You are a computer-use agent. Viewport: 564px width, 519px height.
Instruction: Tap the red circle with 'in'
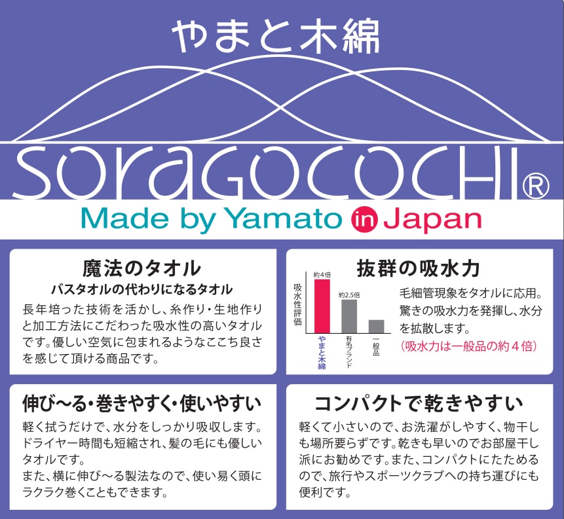364,219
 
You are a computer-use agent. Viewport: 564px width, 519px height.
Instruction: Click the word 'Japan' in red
432,220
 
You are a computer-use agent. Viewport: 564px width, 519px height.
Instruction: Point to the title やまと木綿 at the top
276,36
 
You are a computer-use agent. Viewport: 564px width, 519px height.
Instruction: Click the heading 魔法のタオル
141,268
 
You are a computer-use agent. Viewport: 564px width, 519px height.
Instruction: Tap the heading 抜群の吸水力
418,268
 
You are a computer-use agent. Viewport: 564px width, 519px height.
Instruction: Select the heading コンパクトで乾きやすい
419,403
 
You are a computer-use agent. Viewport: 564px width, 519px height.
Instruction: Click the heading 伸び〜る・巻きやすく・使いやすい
141,403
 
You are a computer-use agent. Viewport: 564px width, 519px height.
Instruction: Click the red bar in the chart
322,306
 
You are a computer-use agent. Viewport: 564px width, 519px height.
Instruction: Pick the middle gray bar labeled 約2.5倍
349,316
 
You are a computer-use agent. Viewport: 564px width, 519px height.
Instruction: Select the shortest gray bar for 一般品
376,327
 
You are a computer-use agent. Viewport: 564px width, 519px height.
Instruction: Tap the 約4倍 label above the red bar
322,275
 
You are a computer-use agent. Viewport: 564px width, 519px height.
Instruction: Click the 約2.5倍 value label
349,295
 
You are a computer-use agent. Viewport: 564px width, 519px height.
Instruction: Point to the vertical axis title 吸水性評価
297,304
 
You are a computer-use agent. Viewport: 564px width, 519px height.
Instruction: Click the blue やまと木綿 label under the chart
322,353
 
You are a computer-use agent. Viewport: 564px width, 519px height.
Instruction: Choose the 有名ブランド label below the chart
349,352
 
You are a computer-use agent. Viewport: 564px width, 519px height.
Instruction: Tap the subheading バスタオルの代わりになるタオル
141,289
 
